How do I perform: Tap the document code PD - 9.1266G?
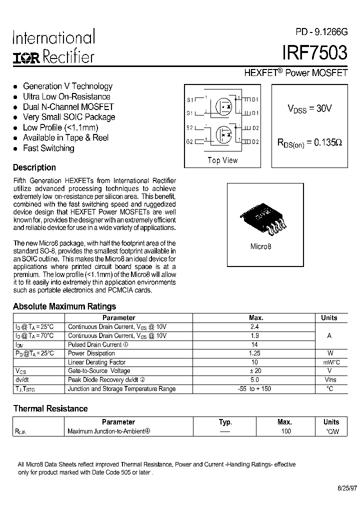[321, 32]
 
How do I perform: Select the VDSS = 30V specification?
[309, 108]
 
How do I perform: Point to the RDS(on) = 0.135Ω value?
[309, 142]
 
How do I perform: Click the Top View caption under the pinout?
[222, 160]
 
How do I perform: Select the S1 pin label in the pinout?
[190, 99]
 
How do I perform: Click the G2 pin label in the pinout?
[190, 141]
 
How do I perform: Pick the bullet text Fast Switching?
[48, 148]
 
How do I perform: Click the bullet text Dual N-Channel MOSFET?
[68, 107]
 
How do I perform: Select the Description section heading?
[34, 168]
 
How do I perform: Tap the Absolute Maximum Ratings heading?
[64, 306]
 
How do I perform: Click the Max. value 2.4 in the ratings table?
[254, 326]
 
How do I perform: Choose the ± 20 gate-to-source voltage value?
[254, 371]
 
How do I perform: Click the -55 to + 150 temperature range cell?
[254, 388]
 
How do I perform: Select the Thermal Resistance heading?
[50, 408]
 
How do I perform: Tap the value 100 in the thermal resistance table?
[285, 431]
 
